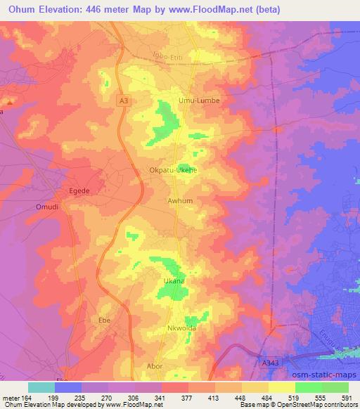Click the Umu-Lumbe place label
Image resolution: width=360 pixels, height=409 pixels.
point(200,100)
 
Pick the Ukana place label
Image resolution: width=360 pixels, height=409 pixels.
point(174,281)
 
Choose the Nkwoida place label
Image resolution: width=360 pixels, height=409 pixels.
point(182,328)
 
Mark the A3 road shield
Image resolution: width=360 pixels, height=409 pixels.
point(124,101)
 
